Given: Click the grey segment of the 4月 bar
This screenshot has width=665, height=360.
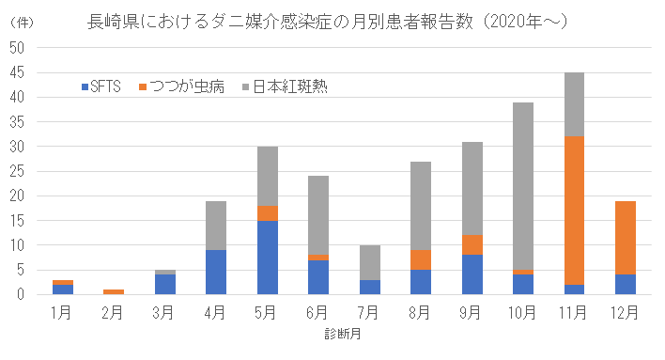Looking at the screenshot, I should coord(216,225).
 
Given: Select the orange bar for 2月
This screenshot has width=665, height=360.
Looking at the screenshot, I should coord(114,291).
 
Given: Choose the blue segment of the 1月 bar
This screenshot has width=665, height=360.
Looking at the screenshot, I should coord(63,290).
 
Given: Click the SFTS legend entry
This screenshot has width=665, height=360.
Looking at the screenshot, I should coord(101,86).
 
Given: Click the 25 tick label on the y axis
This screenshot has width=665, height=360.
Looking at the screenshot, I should coord(20,171).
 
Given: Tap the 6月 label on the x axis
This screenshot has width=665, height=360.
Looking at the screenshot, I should coord(317,310).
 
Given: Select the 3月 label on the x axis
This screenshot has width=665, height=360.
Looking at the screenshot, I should coord(164,310).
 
